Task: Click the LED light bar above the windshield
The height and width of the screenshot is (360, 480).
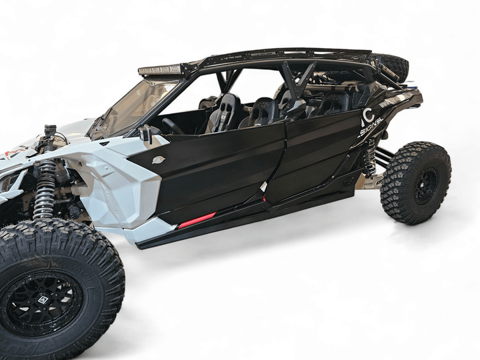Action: click(x=161, y=70)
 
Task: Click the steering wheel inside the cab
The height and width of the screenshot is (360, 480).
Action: click(x=173, y=126)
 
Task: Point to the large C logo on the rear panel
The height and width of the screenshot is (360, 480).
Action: click(x=367, y=118)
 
